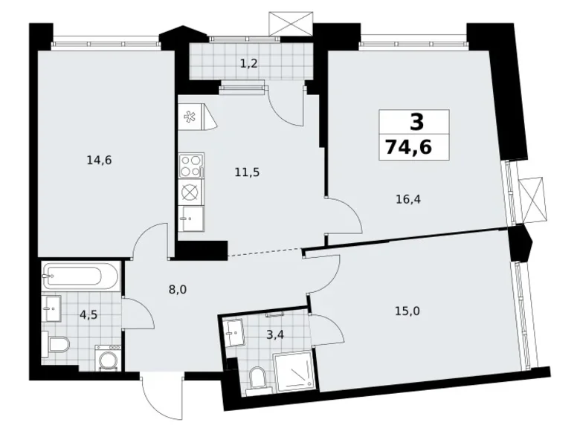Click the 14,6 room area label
tap(98, 159)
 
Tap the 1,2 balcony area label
tap(249, 63)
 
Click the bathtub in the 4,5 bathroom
tap(79, 277)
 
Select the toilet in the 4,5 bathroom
tap(57, 344)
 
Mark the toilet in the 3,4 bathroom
tap(257, 377)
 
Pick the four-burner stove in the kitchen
tap(191, 163)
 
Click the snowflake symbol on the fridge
tap(190, 117)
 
